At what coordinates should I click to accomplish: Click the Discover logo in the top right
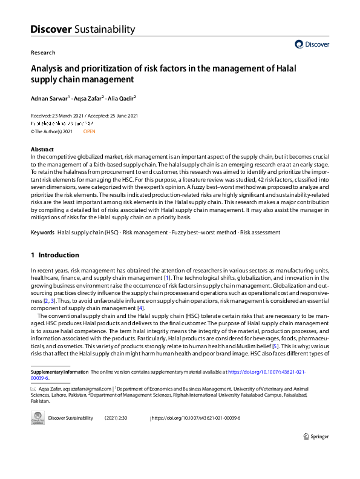point(312,44)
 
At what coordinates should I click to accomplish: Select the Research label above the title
point(42,53)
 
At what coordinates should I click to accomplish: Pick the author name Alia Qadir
point(121,97)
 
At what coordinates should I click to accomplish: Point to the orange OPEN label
point(89,131)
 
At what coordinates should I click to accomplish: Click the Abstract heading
point(42,150)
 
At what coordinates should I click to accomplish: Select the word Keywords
point(42,233)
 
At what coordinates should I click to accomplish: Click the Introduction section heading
point(59,255)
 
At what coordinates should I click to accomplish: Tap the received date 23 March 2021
point(68,116)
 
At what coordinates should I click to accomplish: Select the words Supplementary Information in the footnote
point(59,371)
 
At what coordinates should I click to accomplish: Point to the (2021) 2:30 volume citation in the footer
point(116,418)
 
